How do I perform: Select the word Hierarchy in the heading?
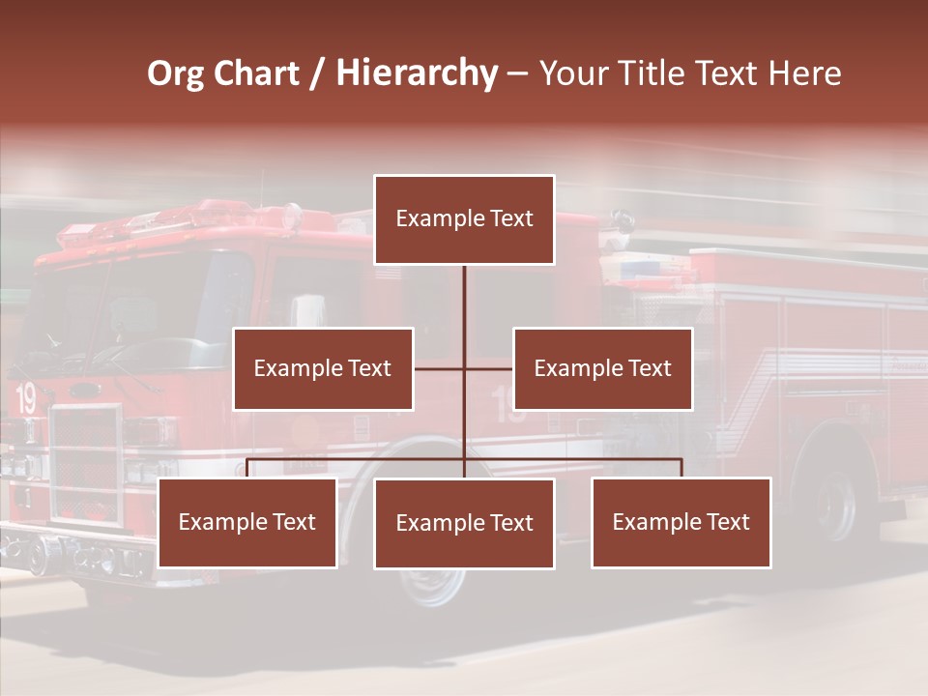(x=417, y=73)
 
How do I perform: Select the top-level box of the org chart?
(x=464, y=219)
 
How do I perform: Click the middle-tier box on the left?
(x=323, y=369)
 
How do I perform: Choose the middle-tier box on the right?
(x=602, y=369)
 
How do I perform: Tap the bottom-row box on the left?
(x=247, y=523)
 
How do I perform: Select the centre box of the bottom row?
(x=464, y=524)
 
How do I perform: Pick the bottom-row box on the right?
(x=681, y=523)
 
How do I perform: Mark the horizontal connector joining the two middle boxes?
(x=488, y=368)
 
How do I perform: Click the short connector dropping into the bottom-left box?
(x=247, y=469)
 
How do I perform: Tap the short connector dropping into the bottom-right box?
(x=681, y=469)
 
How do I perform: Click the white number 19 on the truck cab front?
(x=26, y=398)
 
